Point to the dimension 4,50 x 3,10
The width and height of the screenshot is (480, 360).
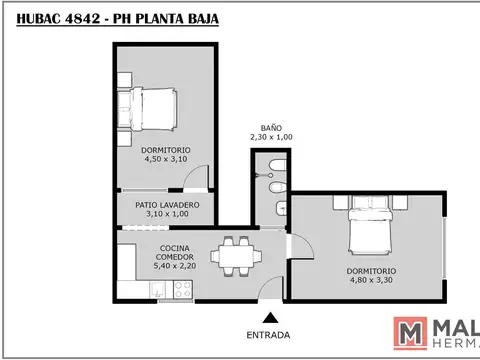pos(166,159)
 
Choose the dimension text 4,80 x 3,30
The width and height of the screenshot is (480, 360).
pos(372,281)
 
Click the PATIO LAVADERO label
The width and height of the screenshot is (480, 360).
pos(166,204)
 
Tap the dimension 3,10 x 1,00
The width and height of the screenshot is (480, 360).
pos(166,213)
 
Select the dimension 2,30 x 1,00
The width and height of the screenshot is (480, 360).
pos(272,137)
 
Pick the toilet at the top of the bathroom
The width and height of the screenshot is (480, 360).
pos(277,164)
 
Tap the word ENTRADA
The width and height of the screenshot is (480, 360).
pos(268,334)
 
